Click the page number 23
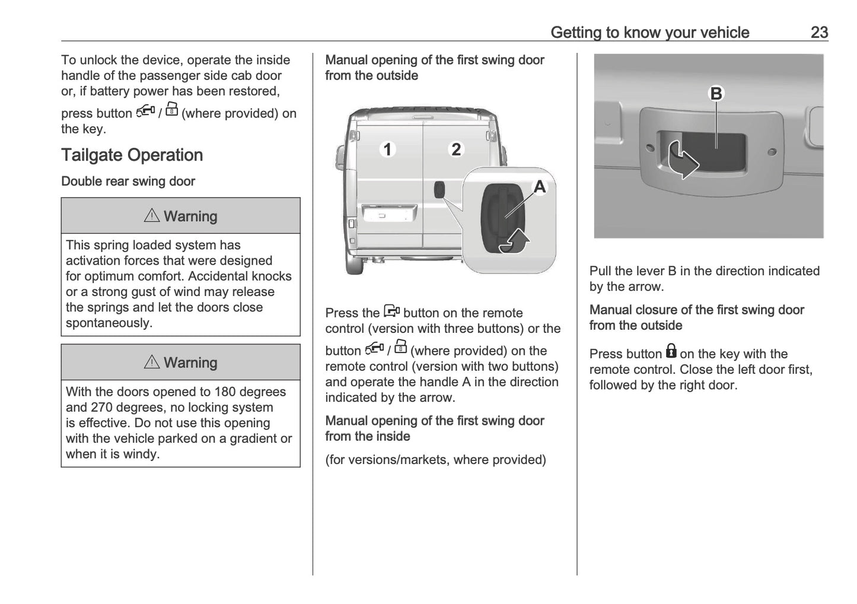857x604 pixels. (819, 32)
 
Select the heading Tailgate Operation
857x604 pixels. (132, 155)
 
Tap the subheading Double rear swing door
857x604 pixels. (128, 182)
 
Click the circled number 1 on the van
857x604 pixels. (387, 149)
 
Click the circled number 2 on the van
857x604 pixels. (455, 149)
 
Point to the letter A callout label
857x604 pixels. (539, 187)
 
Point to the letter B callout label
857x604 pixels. (716, 94)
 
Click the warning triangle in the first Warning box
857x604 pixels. (152, 216)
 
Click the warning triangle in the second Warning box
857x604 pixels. (152, 362)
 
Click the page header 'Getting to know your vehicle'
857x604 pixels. (649, 32)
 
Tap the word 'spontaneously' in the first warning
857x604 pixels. (109, 323)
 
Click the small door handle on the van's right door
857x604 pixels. (439, 190)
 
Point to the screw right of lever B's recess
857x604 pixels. (772, 152)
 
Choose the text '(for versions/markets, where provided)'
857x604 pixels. (435, 460)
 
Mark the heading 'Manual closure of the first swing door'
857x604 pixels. (696, 310)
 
